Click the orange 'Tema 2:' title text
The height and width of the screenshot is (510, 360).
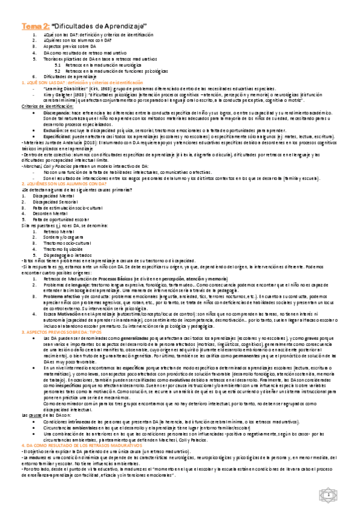tap(35, 26)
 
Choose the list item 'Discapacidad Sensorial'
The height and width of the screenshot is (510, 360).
tap(66, 202)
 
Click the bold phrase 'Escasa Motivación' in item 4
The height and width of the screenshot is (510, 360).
tap(62, 296)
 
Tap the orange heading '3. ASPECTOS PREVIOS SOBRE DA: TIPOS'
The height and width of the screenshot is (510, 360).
tap(60, 315)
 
